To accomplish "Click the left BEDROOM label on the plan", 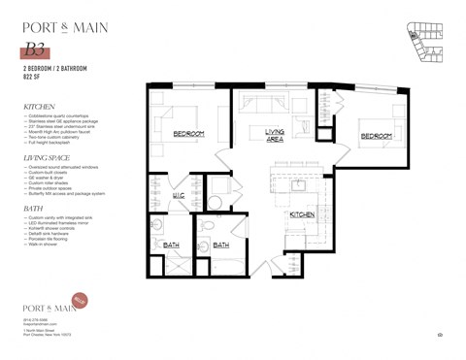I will pyautogui.click(x=188, y=132).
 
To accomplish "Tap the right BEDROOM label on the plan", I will pyautogui.click(x=377, y=137).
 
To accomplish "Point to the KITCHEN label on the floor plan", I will pyautogui.click(x=302, y=213).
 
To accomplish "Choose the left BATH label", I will pyautogui.click(x=171, y=245).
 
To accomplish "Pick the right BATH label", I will pyautogui.click(x=220, y=245).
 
